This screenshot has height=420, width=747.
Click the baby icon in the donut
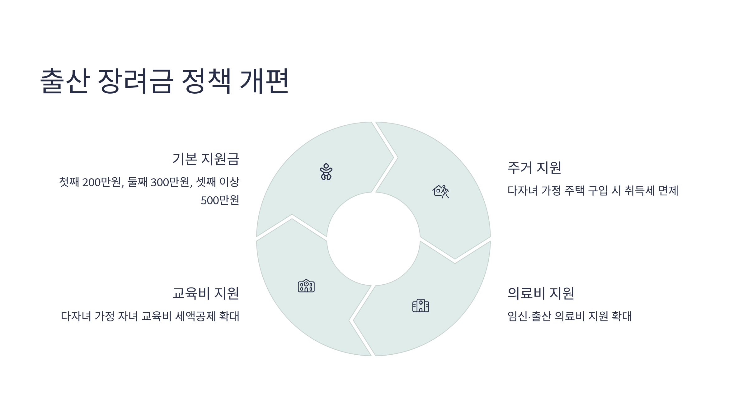coord(326,172)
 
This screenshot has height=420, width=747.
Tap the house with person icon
coord(441,191)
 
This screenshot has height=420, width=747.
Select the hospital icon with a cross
coord(420,306)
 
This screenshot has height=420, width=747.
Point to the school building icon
coord(306,286)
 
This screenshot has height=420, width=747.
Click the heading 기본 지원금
coord(206,159)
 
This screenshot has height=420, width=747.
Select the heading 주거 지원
coord(534,168)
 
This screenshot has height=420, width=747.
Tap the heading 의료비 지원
coord(541,293)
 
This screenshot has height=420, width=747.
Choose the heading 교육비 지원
coord(206,293)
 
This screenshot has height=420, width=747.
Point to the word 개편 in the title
coord(264,81)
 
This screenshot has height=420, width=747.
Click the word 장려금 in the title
coord(135,81)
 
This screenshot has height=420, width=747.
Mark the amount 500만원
coord(220,200)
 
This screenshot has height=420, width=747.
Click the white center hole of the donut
coord(373,239)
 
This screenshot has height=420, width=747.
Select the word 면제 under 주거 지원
coord(669,190)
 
